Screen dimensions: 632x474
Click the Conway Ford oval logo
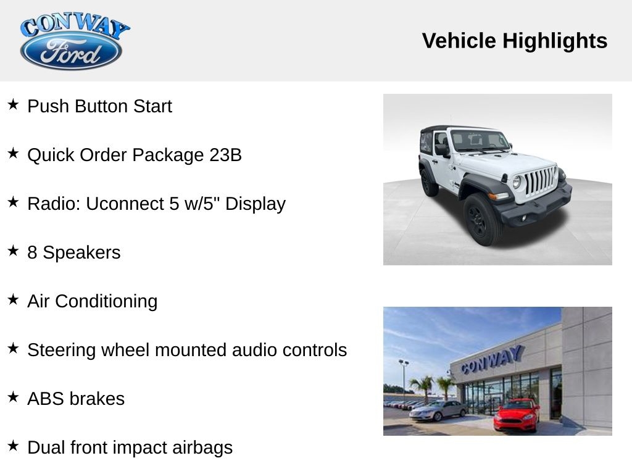[x=72, y=51]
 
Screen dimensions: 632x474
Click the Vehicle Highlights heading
[x=514, y=41]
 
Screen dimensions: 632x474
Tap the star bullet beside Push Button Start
[x=13, y=104]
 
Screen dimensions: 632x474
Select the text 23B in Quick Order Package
[x=225, y=155]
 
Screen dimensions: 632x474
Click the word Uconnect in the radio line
[x=125, y=204]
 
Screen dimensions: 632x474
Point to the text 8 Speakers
[x=74, y=252]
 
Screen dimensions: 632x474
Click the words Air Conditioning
[x=93, y=301]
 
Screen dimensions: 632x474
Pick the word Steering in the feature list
[x=62, y=351]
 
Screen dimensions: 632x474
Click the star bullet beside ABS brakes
[x=13, y=397]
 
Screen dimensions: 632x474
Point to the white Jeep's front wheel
[x=481, y=220]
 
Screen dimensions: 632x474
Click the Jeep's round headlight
[x=517, y=182]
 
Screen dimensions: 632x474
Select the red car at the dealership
[x=517, y=415]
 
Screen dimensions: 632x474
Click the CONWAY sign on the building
[x=493, y=360]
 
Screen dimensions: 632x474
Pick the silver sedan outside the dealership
[x=439, y=410]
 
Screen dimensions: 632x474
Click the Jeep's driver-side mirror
[x=441, y=150]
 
